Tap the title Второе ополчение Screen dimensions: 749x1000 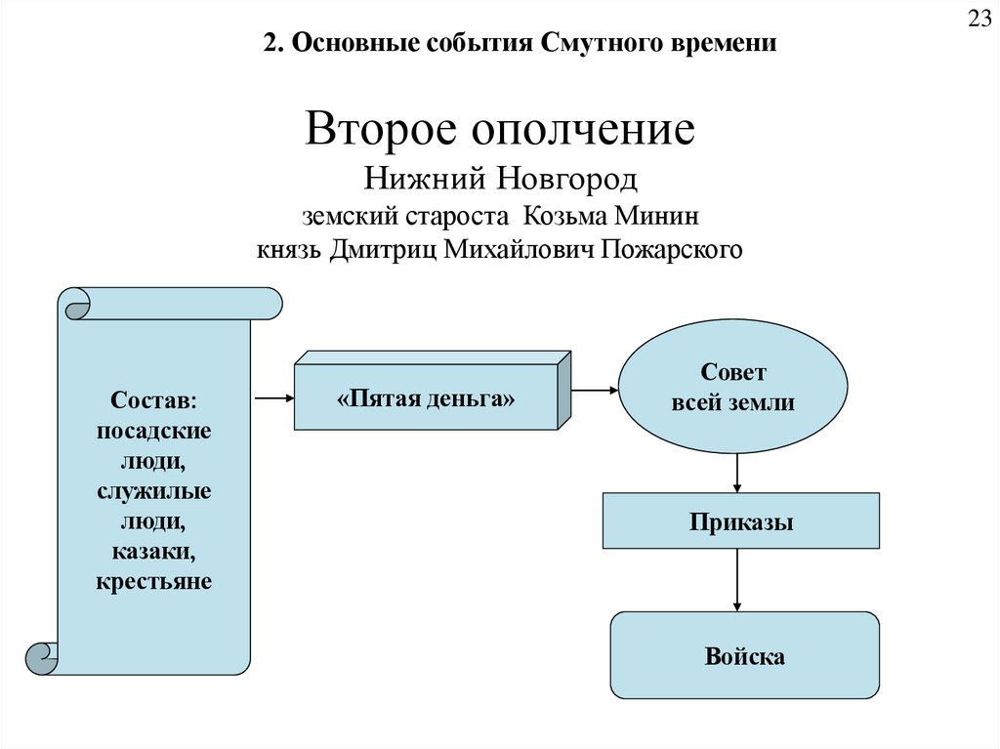click(x=499, y=130)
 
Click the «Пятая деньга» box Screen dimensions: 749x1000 click(x=426, y=398)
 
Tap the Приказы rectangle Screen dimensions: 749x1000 click(x=740, y=521)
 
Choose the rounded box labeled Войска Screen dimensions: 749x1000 click(x=744, y=655)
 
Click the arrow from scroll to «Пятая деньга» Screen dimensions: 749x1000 click(x=273, y=397)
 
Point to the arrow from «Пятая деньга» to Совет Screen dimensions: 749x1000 click(x=594, y=391)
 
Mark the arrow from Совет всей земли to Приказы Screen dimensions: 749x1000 click(x=737, y=474)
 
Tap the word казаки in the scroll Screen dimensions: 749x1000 click(x=153, y=553)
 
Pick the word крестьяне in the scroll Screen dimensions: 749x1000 click(x=153, y=583)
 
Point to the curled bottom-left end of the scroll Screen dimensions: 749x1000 click(x=42, y=658)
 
